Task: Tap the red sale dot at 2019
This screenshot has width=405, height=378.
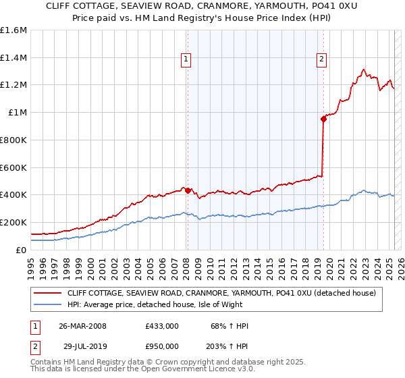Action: coord(323,119)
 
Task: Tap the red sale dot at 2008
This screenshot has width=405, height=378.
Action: coord(188,190)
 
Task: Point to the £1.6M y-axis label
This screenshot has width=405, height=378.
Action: coord(13,30)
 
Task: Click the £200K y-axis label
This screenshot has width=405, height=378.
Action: coord(13,222)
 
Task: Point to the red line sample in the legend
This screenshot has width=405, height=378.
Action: coord(48,293)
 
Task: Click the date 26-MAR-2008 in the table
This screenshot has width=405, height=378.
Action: coord(82,326)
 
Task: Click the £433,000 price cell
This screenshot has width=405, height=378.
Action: coord(162,326)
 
